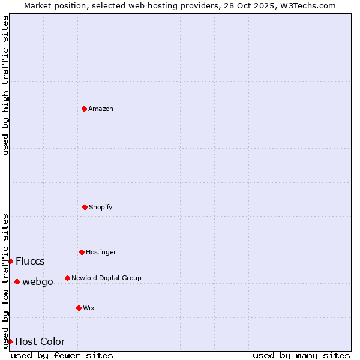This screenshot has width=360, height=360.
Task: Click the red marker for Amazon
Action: click(85, 109)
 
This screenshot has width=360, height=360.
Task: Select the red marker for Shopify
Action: click(85, 207)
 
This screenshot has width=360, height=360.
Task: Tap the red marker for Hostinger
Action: click(82, 252)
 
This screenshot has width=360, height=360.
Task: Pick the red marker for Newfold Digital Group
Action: click(67, 278)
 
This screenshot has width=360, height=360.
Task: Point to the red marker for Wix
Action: click(79, 308)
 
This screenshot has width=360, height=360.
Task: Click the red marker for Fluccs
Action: click(10, 261)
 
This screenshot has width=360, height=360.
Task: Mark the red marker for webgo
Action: click(17, 281)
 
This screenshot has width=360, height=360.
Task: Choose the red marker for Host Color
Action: click(10, 341)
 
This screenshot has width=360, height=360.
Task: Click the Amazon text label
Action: click(101, 109)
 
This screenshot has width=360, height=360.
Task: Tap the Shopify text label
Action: click(101, 207)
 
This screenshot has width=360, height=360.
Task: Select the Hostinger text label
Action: click(101, 252)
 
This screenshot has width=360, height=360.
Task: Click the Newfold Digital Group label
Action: click(106, 278)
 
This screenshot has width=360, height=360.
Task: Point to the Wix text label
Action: click(89, 308)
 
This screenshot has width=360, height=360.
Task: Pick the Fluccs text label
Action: click(30, 261)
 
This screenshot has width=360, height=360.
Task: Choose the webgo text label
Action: click(38, 281)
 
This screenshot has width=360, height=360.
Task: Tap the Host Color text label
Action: click(40, 341)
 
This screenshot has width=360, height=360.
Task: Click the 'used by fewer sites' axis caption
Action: click(62, 355)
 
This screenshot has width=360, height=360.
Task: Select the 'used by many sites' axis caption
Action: click(301, 355)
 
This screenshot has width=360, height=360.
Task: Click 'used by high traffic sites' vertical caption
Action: click(5, 85)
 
